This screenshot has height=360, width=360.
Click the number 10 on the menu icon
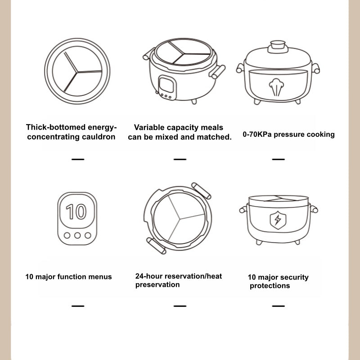coord(77,212)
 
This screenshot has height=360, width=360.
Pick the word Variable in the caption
coord(150,128)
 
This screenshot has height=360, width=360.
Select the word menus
coord(100,276)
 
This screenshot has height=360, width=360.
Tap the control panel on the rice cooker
coord(166,86)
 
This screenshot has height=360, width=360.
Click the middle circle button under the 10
coord(77,235)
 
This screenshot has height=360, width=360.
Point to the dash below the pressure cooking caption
coord(278,159)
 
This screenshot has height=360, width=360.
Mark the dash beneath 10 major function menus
coord(77,306)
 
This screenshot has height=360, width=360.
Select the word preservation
coord(157,284)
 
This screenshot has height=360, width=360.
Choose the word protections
coord(270,286)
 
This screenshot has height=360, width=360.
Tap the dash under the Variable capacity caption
coord(180,159)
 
